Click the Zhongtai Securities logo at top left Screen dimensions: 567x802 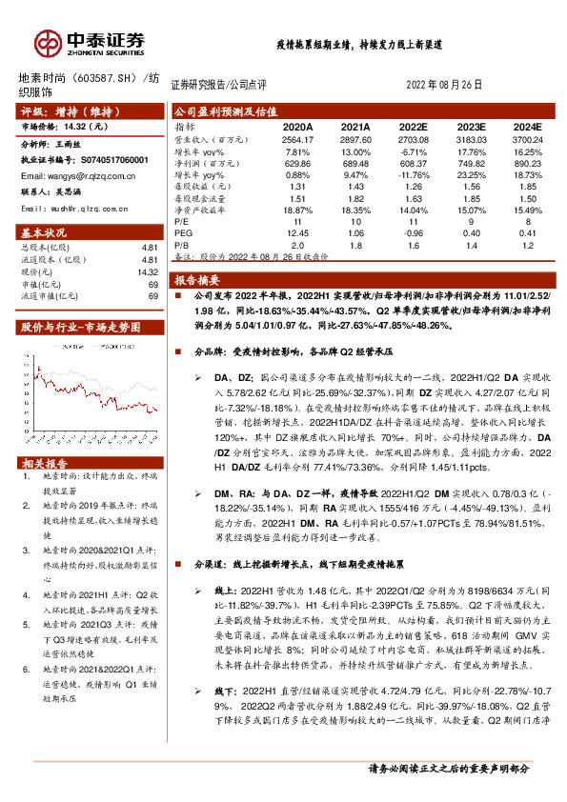(x=91, y=42)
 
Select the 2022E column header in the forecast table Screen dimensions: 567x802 (x=412, y=126)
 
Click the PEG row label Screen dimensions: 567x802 (x=183, y=232)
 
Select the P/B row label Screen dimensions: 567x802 (x=182, y=245)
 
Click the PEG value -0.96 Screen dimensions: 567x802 (x=412, y=232)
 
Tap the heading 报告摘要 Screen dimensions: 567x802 (x=198, y=280)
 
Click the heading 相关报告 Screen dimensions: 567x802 (x=44, y=463)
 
